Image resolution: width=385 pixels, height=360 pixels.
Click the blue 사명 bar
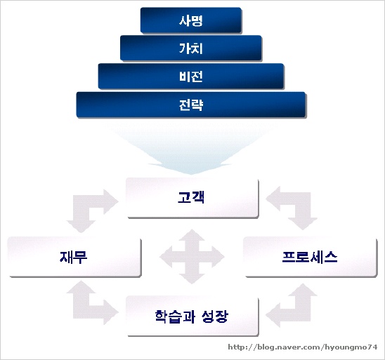(191, 20)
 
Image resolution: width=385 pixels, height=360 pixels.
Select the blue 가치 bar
(191, 48)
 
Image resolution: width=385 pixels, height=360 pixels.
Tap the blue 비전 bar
(191, 76)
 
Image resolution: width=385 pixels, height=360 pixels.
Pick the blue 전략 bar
(191, 105)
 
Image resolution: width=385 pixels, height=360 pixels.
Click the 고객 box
(192, 198)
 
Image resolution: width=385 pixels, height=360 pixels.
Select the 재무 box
(74, 257)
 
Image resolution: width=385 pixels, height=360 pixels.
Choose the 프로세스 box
(310, 257)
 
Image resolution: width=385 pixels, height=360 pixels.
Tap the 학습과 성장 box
(192, 316)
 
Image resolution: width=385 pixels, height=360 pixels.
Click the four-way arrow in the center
(192, 257)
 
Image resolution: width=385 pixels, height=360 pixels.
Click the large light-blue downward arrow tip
(192, 174)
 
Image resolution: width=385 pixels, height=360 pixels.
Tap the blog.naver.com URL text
(303, 347)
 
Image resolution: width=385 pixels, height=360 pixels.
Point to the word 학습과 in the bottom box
(175, 316)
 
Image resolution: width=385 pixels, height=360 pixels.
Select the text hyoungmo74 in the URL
(351, 347)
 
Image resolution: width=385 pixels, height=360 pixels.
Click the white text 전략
(191, 105)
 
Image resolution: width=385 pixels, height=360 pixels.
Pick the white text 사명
(191, 20)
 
